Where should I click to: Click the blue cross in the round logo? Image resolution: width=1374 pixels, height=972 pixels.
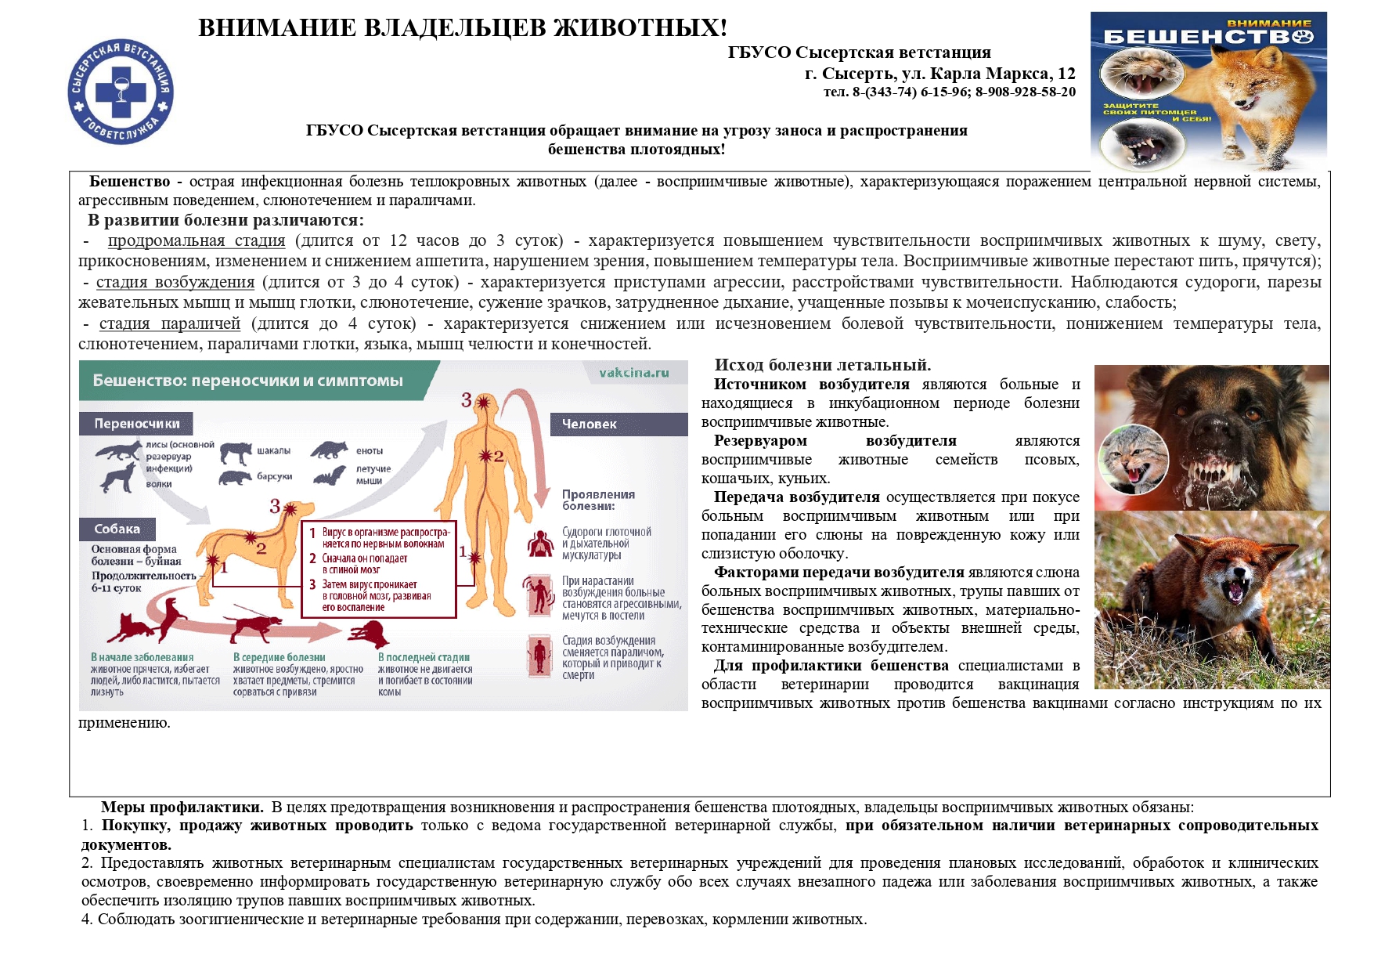121,92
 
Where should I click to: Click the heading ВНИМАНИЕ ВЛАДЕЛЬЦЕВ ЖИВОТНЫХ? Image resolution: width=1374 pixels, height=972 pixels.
463,28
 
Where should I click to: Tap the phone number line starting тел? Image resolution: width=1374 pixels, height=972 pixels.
949,92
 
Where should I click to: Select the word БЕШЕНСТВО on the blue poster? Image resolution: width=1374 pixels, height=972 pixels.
1207,37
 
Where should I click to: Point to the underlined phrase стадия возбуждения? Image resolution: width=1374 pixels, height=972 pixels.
175,282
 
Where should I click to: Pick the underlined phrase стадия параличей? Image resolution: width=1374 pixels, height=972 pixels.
170,323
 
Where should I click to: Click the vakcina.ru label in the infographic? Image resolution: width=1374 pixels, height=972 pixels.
633,373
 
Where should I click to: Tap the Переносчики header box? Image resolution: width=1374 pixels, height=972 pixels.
136,424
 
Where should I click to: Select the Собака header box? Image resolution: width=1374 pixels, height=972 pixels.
117,529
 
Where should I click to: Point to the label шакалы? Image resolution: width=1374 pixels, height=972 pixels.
274,450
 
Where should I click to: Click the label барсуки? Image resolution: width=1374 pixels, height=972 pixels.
275,475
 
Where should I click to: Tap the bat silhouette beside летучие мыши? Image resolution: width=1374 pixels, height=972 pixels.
330,475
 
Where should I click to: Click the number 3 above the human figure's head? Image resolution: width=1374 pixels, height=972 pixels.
467,400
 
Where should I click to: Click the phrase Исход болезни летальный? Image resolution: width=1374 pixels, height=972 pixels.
822,365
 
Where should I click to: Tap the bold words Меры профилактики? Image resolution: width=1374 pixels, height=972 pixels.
182,808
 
